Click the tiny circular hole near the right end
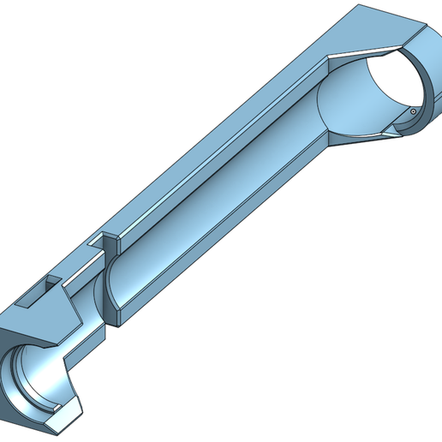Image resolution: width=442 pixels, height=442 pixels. [413, 110]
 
